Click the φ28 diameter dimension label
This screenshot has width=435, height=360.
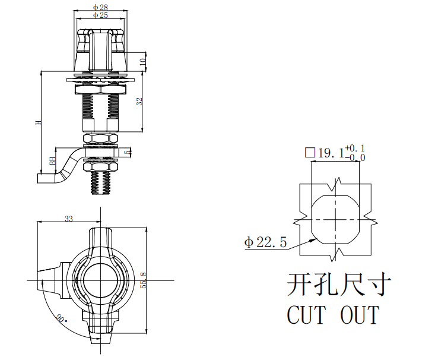pyautogui.click(x=100, y=7)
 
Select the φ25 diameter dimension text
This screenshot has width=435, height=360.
pyautogui.click(x=100, y=15)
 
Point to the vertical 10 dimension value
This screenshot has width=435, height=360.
pyautogui.click(x=142, y=62)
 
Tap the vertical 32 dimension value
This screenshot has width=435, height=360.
pyautogui.click(x=139, y=102)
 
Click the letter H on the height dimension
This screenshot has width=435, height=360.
pyautogui.click(x=38, y=122)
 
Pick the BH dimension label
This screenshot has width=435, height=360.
pyautogui.click(x=53, y=160)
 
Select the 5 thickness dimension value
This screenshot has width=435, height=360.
pyautogui.click(x=128, y=152)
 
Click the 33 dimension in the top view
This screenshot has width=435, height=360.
pyautogui.click(x=69, y=219)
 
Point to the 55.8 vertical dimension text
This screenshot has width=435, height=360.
pyautogui.click(x=144, y=280)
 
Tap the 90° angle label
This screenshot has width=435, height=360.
pyautogui.click(x=62, y=318)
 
